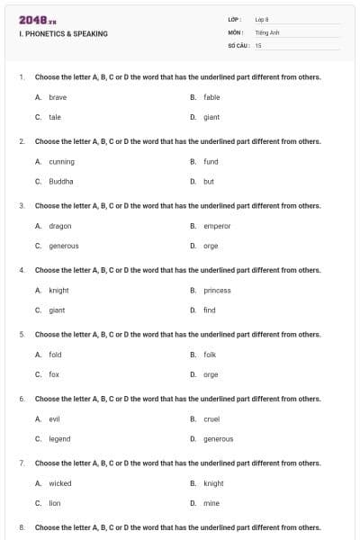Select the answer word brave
(x=58, y=97)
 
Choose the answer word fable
(x=211, y=97)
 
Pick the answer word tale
(x=55, y=117)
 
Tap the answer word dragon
(x=60, y=226)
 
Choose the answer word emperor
(x=217, y=226)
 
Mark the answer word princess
(x=217, y=291)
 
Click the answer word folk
(x=210, y=355)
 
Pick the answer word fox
(x=54, y=373)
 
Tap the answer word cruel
(x=211, y=419)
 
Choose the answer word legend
(x=59, y=438)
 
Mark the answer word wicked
(x=60, y=483)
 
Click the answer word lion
(x=55, y=503)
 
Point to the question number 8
(x=21, y=527)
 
